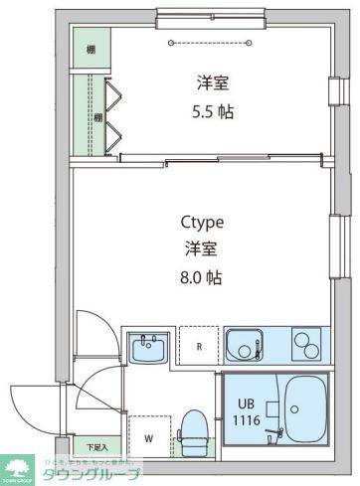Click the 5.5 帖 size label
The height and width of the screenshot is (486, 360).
(214, 111)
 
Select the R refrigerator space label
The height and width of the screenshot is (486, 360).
(199, 347)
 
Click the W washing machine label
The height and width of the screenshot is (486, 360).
(148, 436)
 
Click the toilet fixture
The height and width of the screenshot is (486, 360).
(193, 432)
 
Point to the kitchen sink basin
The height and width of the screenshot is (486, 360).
(244, 347)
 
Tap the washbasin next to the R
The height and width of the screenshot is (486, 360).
(149, 349)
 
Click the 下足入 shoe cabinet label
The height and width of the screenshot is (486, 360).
(94, 446)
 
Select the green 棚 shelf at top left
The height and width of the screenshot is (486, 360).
(90, 50)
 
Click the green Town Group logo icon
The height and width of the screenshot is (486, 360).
(17, 466)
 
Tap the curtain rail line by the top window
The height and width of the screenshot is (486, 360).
(215, 42)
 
